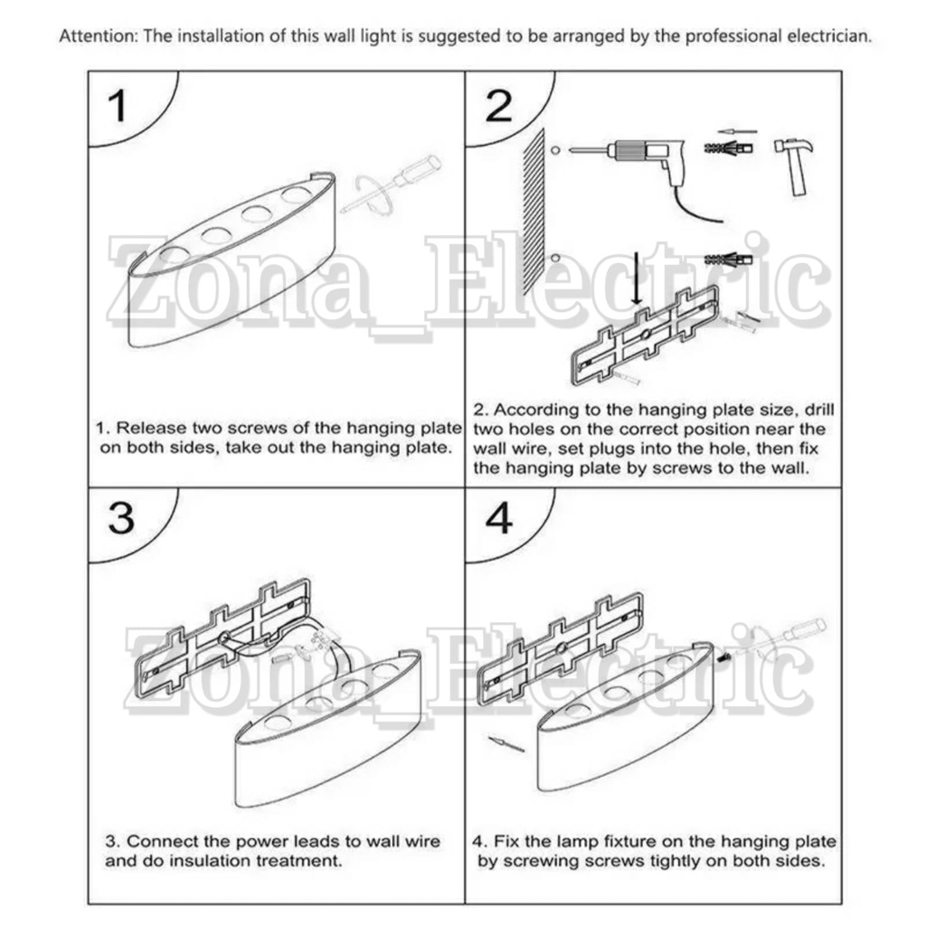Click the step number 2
pyautogui.click(x=498, y=106)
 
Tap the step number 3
pyautogui.click(x=121, y=518)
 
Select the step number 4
pyautogui.click(x=499, y=518)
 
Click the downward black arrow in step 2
pyautogui.click(x=636, y=278)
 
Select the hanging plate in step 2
pyautogui.click(x=646, y=335)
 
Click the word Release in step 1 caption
pyautogui.click(x=146, y=428)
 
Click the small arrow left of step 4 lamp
pyautogui.click(x=506, y=743)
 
